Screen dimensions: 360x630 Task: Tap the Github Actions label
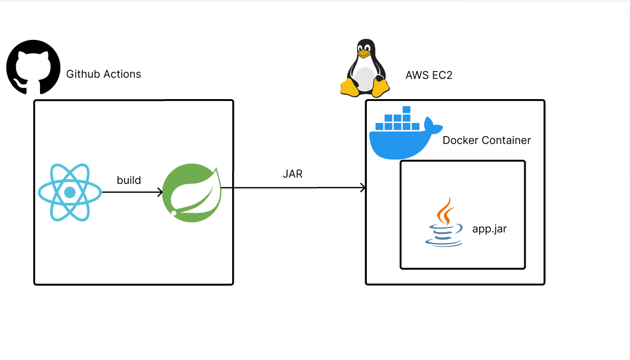pos(104,75)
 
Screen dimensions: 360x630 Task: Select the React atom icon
pos(70,192)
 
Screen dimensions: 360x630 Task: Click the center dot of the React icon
pos(70,192)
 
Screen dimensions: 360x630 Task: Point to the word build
pos(129,180)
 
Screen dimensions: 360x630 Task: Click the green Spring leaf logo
pos(192,192)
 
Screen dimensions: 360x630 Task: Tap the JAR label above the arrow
pos(292,175)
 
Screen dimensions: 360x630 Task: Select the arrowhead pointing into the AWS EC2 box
pos(362,188)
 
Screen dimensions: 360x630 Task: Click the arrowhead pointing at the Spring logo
pos(159,192)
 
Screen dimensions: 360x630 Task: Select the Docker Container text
pos(487,141)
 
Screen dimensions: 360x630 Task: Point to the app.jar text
pos(489,229)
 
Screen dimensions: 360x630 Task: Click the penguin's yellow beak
pos(364,54)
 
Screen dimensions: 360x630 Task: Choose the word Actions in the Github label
pos(122,75)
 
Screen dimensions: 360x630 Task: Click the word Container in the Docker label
pos(506,141)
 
